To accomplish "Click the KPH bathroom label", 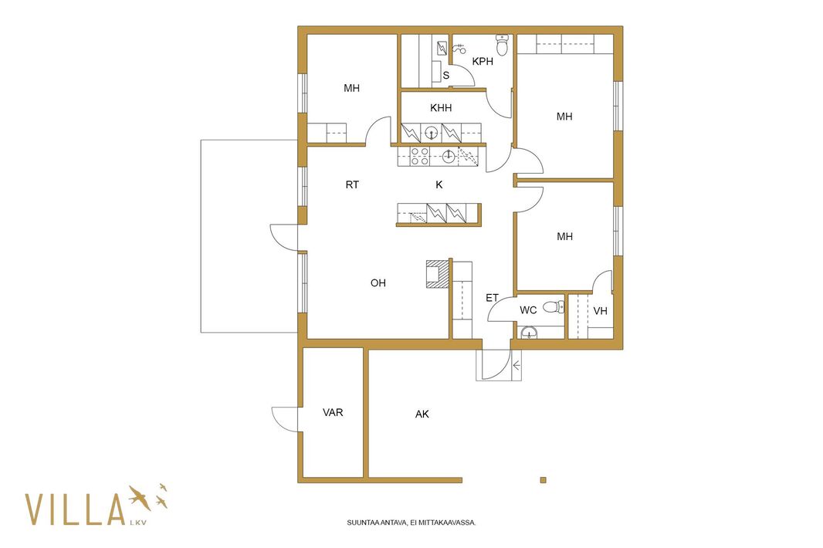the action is click(483, 62).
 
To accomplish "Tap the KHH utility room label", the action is click(441, 107).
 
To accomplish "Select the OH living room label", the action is click(378, 283).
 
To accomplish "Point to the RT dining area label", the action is click(352, 184).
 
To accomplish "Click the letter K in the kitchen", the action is click(439, 184).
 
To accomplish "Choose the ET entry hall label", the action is click(492, 298).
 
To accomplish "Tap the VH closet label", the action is click(600, 311).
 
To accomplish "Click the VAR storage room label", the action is click(333, 413).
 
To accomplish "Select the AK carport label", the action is click(422, 414).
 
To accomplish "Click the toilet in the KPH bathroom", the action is click(503, 45).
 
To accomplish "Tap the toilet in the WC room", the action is click(554, 306).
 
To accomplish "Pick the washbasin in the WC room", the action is click(529, 332).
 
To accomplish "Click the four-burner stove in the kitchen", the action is click(419, 157).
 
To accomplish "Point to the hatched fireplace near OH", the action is click(437, 274).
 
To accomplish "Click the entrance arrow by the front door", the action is click(516, 365).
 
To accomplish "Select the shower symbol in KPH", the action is click(459, 49).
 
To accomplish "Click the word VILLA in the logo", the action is click(75, 509).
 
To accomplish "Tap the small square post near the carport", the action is click(544, 480).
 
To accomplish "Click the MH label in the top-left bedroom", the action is click(351, 88).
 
